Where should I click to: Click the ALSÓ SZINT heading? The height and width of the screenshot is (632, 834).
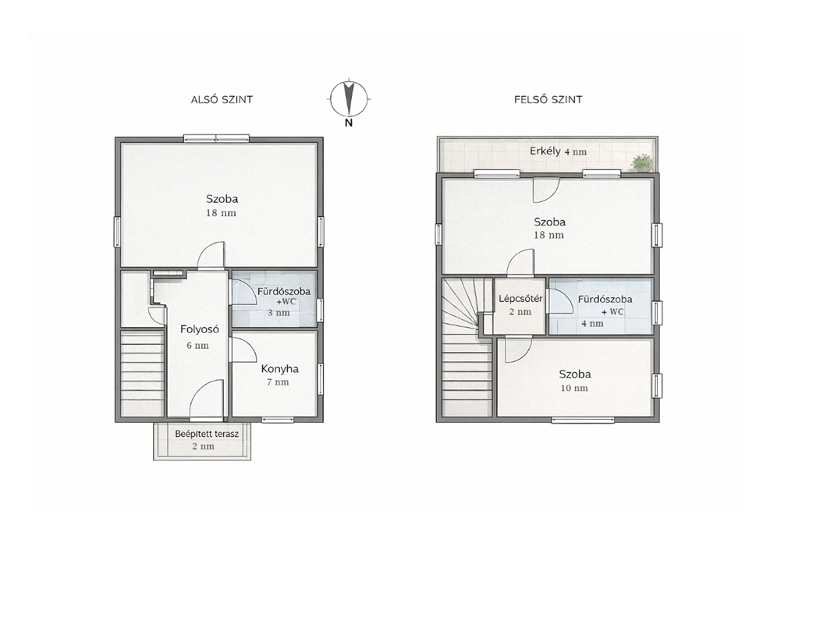click(222, 100)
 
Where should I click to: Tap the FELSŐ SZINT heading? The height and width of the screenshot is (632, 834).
click(548, 100)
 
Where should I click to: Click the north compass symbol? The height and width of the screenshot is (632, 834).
click(349, 99)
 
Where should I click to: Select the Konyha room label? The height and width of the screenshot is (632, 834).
click(280, 368)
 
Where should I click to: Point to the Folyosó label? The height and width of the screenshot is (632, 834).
click(200, 329)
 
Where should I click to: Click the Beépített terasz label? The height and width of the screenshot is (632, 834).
click(207, 434)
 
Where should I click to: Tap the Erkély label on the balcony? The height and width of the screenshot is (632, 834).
click(545, 151)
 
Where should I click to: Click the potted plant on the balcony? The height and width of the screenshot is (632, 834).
click(642, 162)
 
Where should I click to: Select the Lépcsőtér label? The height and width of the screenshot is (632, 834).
click(520, 298)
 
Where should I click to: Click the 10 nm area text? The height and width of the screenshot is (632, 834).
click(574, 389)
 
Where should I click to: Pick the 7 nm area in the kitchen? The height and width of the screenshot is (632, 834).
click(279, 382)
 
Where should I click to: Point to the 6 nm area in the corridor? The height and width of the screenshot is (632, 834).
click(198, 345)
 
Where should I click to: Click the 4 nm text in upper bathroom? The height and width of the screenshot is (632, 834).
click(592, 324)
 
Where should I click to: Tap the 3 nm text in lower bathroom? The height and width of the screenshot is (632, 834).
click(279, 313)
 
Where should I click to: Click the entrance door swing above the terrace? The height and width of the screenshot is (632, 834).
click(207, 399)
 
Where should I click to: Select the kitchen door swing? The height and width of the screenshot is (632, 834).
click(243, 350)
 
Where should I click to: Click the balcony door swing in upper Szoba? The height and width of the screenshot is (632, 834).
click(546, 190)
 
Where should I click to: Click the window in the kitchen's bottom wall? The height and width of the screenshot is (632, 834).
click(278, 420)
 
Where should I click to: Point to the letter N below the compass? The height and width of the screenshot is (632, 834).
click(349, 123)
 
